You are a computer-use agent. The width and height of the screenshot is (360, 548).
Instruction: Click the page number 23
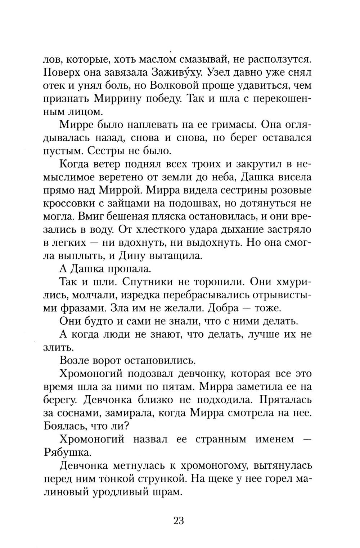179,521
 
